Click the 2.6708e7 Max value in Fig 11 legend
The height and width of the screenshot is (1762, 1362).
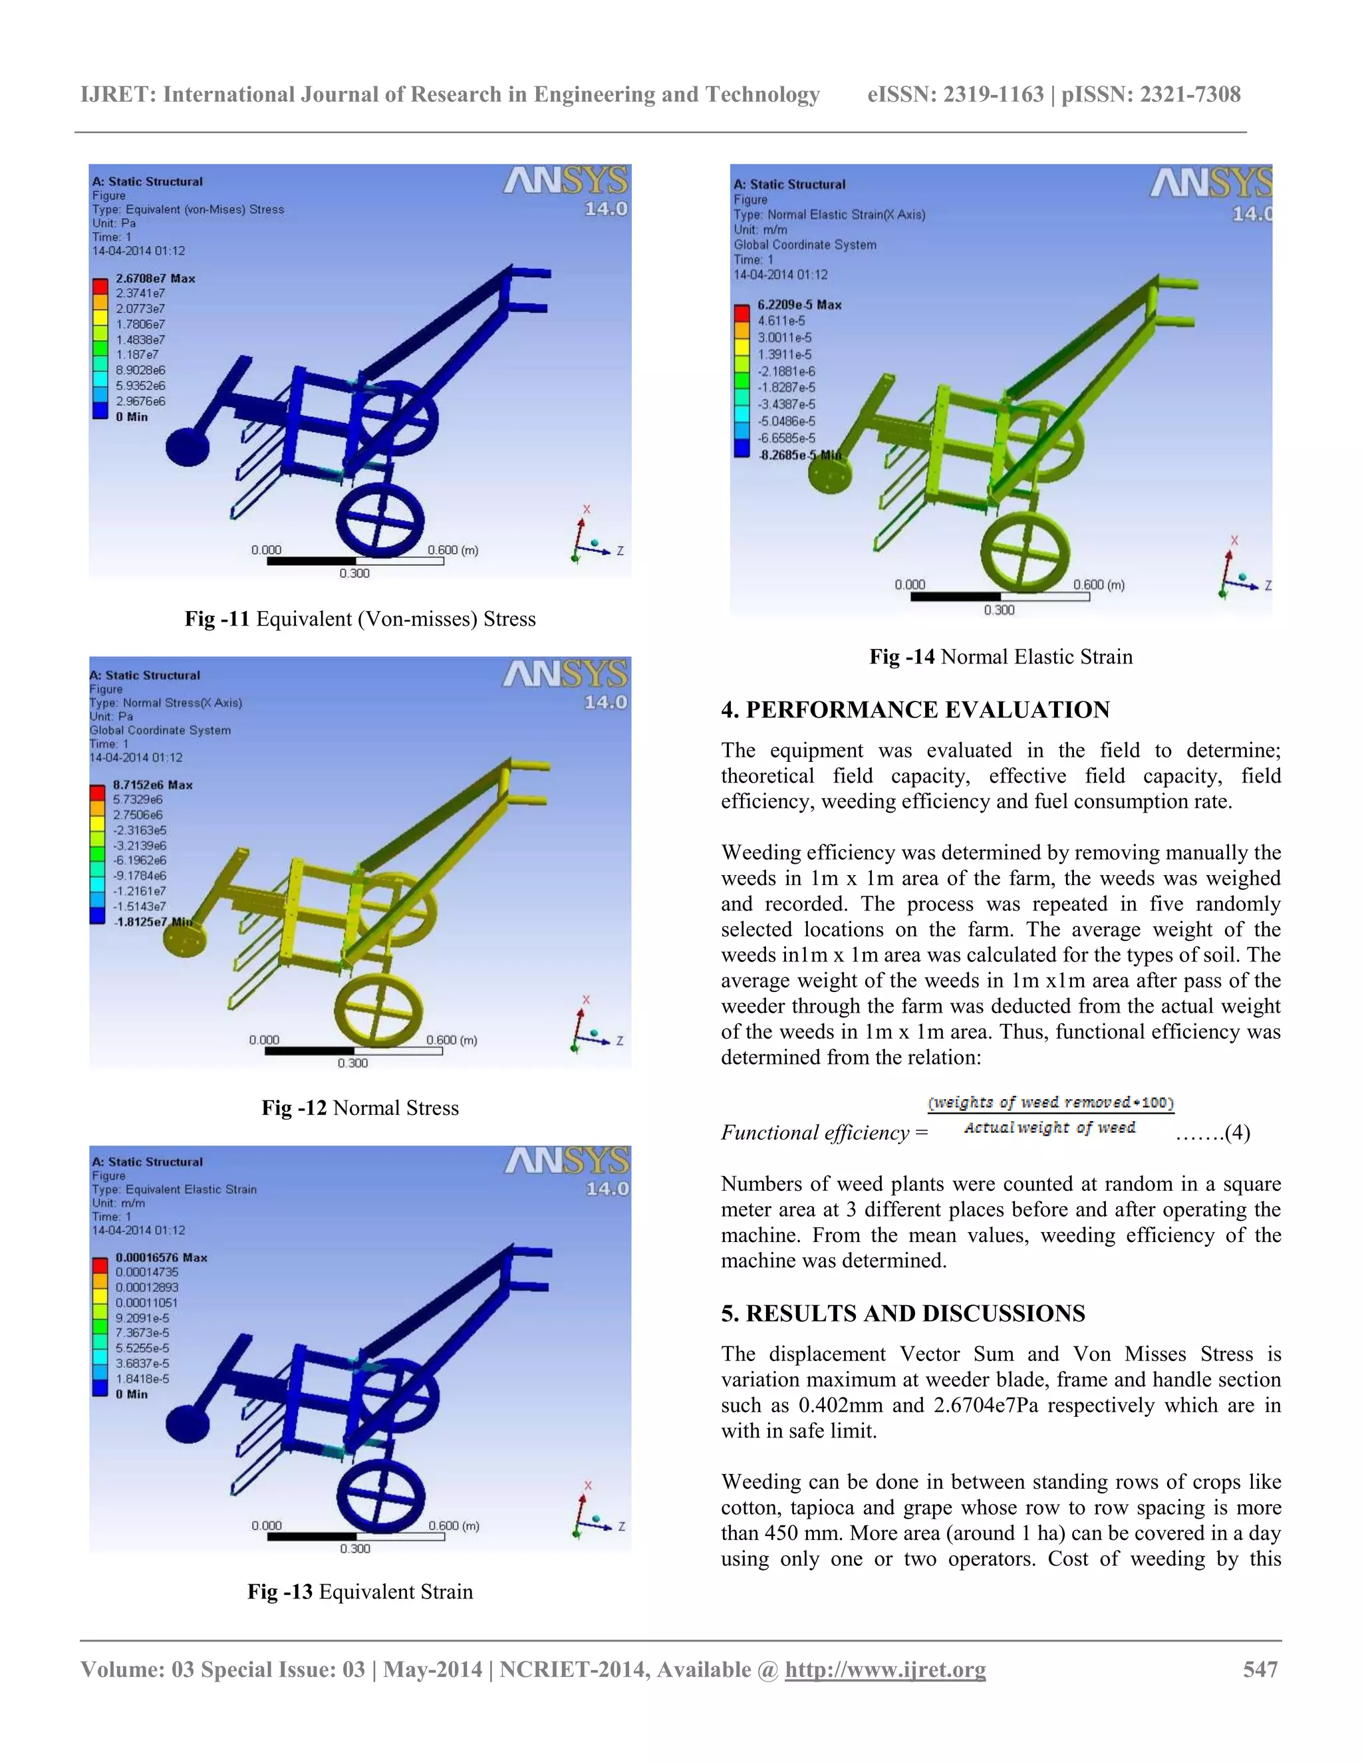[x=155, y=279]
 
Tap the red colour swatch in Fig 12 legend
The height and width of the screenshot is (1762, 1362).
[x=98, y=793]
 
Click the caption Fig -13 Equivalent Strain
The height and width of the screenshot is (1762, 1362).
[x=360, y=1591]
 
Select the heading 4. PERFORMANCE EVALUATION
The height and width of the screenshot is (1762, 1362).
[x=915, y=710]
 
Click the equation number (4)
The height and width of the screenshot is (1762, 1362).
[x=1237, y=1133]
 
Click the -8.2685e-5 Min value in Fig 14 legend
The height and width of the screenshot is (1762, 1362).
[x=799, y=455]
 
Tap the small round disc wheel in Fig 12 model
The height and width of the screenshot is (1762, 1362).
[x=184, y=939]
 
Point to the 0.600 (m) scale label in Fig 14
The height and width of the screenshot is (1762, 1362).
[x=1098, y=585]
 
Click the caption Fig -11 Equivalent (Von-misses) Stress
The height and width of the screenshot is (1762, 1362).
[x=360, y=619]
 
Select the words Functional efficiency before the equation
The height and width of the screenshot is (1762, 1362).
[x=816, y=1133]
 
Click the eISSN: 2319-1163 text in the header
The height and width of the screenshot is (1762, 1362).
[x=956, y=94]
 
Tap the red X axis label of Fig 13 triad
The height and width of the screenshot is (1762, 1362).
[x=587, y=1485]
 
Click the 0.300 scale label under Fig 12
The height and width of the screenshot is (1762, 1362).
[x=352, y=1063]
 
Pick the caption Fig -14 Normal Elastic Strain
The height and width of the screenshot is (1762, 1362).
[x=1000, y=657]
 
